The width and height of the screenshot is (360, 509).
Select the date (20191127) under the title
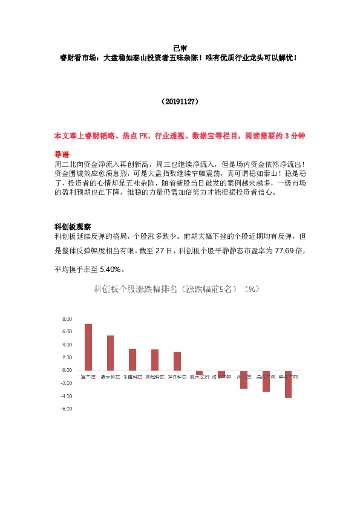[x=180, y=102]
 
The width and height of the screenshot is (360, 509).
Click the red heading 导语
[x=62, y=154]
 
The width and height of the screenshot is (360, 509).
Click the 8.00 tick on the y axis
[x=67, y=319]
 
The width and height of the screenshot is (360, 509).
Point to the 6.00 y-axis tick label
[x=67, y=331]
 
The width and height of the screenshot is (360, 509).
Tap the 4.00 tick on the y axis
[x=67, y=345]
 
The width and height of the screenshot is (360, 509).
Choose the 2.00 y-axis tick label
[x=67, y=357]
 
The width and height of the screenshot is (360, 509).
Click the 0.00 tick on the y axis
[x=67, y=370]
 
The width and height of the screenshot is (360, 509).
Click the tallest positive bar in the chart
[x=88, y=347]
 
